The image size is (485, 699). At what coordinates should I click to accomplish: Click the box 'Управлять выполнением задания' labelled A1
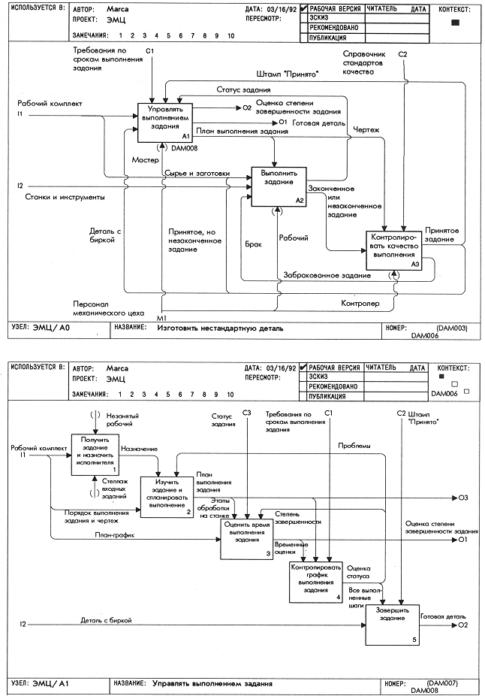coord(164,123)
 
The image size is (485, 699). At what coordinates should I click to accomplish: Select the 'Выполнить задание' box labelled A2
coord(279,187)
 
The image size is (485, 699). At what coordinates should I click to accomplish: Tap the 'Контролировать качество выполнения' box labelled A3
coord(393,250)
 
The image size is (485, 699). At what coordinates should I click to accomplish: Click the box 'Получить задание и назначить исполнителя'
coord(95,455)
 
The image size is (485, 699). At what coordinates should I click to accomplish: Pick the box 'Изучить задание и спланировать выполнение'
coord(167,497)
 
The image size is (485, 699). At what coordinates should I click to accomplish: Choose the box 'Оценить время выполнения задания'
coord(247,540)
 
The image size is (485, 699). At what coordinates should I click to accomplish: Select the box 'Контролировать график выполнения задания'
coord(316,582)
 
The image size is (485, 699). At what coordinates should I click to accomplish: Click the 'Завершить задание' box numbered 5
coord(393,626)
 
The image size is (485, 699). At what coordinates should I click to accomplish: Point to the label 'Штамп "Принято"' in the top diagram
coord(288,74)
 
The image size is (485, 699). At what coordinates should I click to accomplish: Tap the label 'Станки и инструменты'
coord(65,197)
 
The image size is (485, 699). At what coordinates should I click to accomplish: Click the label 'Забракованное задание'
coord(327,276)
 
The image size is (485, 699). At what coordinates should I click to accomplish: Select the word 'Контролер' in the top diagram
coord(360,303)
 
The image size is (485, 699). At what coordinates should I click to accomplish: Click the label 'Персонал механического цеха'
coord(109,308)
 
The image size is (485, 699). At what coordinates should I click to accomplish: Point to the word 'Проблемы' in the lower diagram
coord(354,446)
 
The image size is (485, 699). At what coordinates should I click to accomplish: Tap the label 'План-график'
coord(114,535)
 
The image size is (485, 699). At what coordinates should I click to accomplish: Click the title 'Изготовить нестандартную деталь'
coord(220,328)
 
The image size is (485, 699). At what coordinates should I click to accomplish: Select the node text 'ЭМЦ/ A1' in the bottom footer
coord(51,683)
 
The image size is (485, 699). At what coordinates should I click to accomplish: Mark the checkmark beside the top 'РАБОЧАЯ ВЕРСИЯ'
coord(304,8)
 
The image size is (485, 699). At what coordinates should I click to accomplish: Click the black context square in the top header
coord(455,23)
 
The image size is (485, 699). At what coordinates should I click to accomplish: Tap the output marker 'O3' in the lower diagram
coord(463,498)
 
